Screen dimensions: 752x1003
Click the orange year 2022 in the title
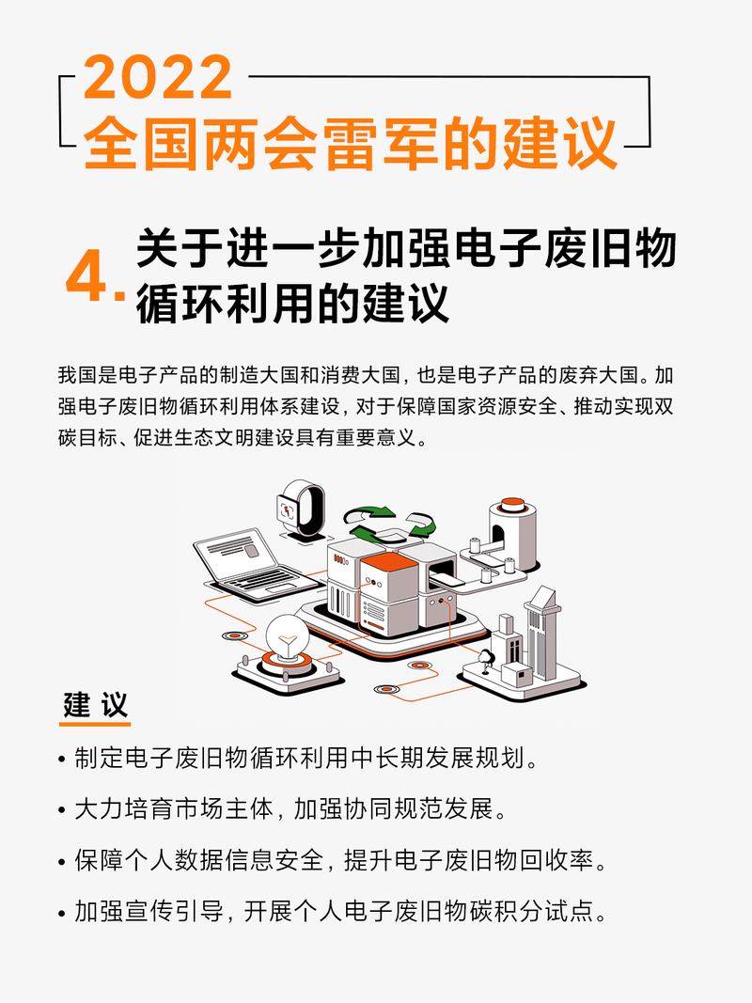(158, 77)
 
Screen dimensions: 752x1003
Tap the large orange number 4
(86, 277)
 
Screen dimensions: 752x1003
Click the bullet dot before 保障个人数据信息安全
(62, 862)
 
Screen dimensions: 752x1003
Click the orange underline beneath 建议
(95, 724)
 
